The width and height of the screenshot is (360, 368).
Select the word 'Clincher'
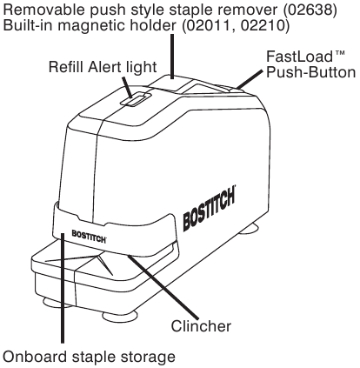tap(201, 326)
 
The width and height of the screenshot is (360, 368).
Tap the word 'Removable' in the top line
tap(41, 10)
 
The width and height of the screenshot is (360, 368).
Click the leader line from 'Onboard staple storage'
tap(63, 296)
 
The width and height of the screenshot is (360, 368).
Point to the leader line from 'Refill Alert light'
tap(128, 85)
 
